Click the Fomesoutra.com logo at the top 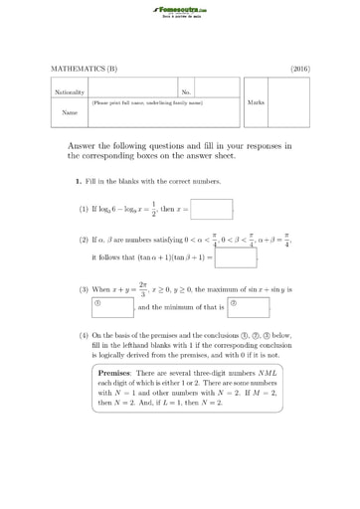tap(180, 11)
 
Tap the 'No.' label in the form tap(186, 91)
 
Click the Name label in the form tap(69, 113)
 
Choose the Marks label tap(256, 102)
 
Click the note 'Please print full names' tap(147, 102)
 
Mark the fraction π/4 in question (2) tap(285, 239)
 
